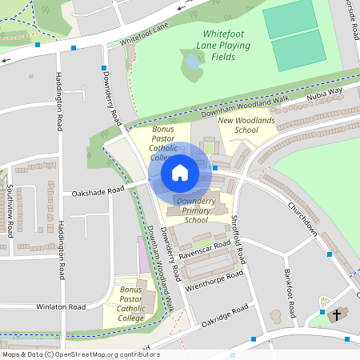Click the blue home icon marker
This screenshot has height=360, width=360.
[x=179, y=172]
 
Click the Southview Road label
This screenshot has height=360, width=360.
[x=10, y=210]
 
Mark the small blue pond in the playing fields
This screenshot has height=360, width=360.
[x=193, y=62]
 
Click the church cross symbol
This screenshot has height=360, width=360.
[x=338, y=315]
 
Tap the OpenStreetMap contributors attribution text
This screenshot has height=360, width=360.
[x=80, y=354]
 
